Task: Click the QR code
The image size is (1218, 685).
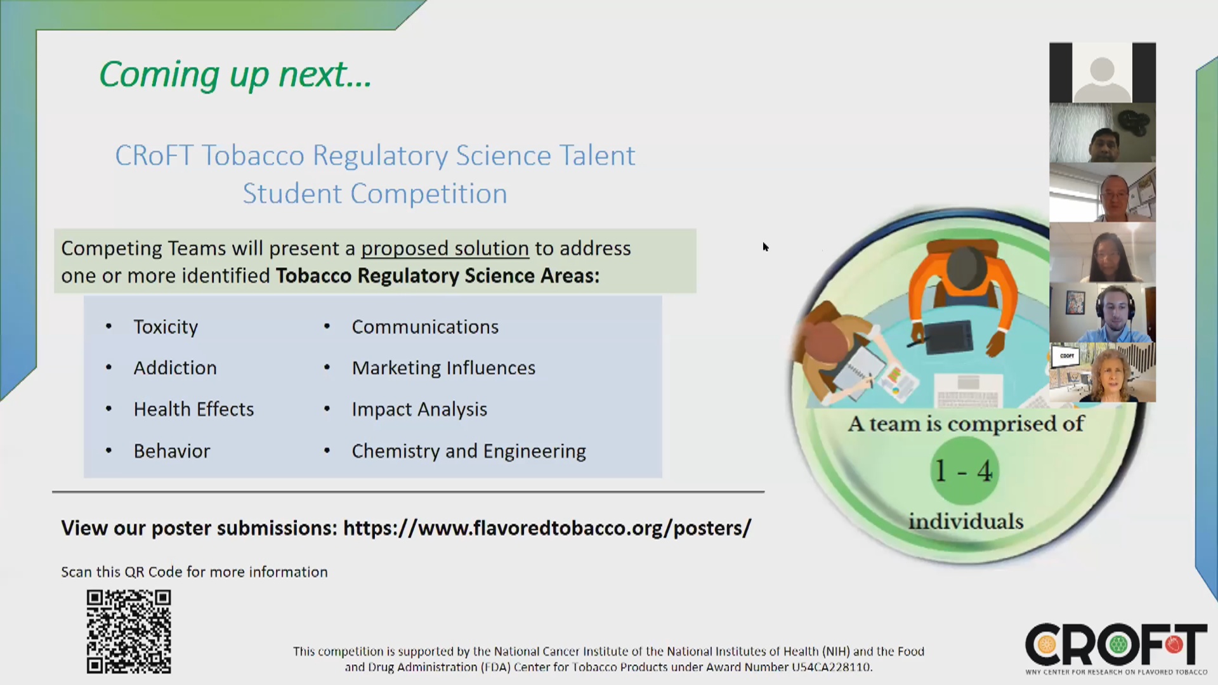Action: tap(129, 632)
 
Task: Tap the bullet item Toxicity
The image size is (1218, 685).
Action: tap(166, 327)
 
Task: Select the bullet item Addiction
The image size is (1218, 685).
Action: tap(175, 368)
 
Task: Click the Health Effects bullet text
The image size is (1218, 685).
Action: tap(193, 409)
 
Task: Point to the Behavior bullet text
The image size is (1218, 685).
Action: tap(172, 451)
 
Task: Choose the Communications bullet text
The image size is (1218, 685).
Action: tap(425, 327)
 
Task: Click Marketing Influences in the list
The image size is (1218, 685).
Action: tap(443, 368)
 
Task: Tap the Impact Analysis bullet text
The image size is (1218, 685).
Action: tap(419, 410)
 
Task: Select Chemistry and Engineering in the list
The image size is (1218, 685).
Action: tap(469, 452)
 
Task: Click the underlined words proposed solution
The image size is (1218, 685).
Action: tap(445, 249)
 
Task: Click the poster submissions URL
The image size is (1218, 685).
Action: tap(547, 528)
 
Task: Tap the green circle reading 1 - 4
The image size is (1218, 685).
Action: tap(964, 471)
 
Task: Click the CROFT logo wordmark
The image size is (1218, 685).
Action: tap(1116, 644)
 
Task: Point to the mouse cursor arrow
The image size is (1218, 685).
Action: tap(766, 247)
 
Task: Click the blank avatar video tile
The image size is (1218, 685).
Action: tap(1103, 72)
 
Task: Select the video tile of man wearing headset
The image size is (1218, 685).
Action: tap(1103, 313)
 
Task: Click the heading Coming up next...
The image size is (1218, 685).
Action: tap(235, 75)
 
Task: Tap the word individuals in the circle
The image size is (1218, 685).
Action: tap(966, 521)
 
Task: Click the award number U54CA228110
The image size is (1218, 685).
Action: tap(831, 667)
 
